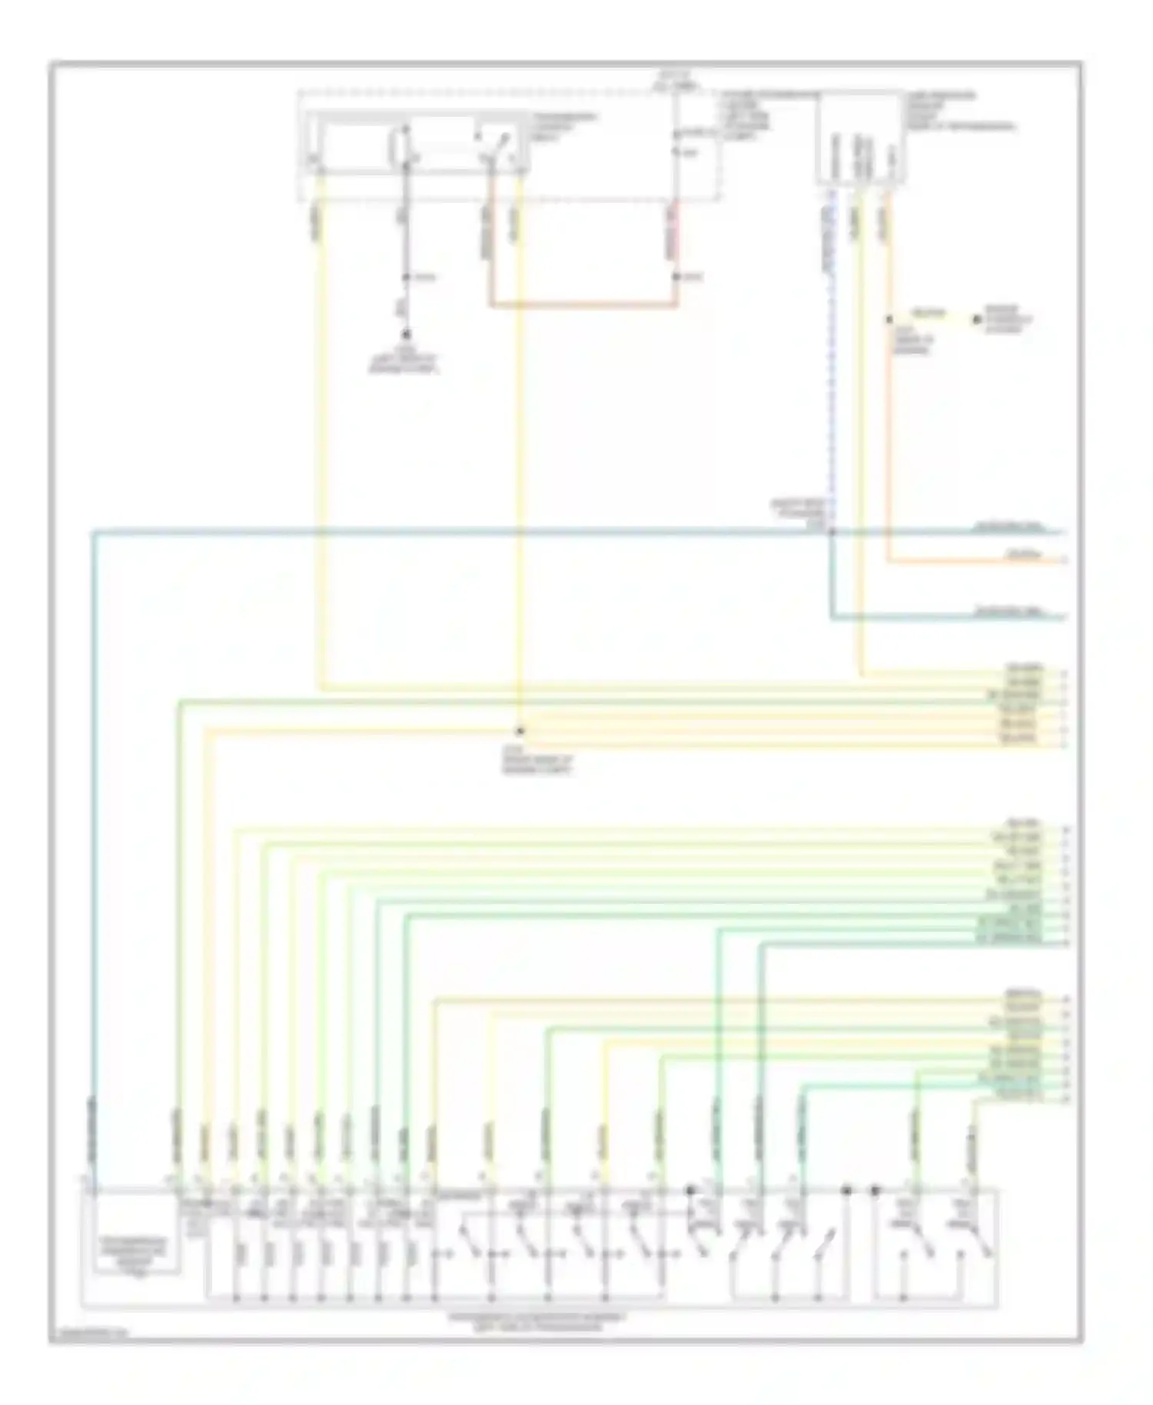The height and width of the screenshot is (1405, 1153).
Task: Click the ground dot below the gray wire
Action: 406,336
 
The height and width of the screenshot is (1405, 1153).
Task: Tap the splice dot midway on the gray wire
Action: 406,277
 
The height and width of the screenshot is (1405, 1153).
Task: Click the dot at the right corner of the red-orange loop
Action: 676,277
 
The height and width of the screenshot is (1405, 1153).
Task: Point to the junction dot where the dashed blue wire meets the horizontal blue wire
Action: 832,531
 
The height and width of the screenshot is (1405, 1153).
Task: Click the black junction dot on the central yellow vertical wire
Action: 520,730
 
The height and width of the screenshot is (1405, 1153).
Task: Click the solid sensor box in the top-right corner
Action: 859,138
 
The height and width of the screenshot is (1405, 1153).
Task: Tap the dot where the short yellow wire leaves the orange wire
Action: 889,319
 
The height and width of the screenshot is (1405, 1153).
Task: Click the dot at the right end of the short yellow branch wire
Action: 978,319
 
